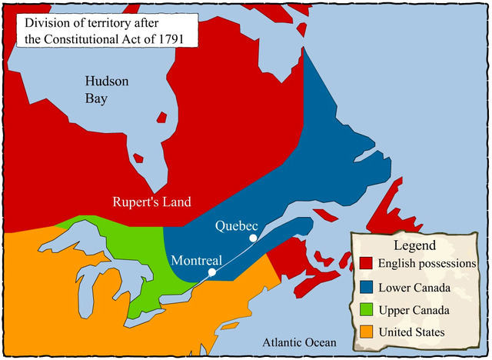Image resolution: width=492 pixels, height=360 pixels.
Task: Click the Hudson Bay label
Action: (107, 89)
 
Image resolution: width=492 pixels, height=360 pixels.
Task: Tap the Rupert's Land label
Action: (151, 202)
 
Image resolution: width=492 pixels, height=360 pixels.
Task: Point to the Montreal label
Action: (196, 259)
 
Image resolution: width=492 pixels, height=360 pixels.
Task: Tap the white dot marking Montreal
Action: (212, 272)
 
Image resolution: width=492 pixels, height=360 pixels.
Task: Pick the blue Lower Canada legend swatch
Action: (366, 288)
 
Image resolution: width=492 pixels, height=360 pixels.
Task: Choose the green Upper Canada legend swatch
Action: (366, 310)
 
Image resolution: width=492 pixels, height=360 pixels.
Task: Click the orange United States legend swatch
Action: (366, 332)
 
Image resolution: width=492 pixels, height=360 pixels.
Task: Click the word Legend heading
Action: (414, 245)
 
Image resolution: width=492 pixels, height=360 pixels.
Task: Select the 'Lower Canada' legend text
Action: (416, 288)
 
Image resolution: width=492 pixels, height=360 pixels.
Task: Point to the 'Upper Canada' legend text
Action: (416, 310)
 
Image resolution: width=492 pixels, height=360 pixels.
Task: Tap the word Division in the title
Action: (49, 22)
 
